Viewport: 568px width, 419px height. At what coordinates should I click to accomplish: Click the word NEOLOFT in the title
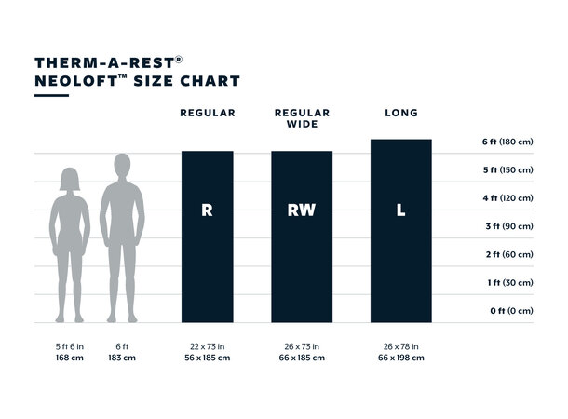click(71, 81)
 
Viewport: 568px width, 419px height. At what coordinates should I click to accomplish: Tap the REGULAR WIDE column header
click(302, 118)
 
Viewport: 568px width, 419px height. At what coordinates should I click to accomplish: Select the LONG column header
click(400, 113)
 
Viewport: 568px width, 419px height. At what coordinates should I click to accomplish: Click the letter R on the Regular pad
click(207, 210)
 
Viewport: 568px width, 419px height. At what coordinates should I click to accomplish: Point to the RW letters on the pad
click(302, 210)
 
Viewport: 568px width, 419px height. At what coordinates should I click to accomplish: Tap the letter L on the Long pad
click(400, 210)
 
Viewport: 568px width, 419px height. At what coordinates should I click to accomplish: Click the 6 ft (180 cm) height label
click(507, 142)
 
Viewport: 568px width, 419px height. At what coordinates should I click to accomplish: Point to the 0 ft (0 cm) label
click(511, 310)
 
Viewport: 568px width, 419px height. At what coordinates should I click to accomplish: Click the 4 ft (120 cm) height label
click(507, 198)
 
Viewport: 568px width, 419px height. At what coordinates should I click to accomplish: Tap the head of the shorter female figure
click(70, 178)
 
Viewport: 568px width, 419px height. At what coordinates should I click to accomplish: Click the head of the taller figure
click(122, 166)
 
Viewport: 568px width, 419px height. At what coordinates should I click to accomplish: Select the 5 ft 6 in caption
click(70, 345)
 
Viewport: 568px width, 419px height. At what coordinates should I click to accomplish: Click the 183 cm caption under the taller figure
click(122, 357)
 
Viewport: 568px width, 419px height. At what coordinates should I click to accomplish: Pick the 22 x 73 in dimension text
click(207, 345)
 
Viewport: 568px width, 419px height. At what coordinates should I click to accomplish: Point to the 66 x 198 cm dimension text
click(400, 357)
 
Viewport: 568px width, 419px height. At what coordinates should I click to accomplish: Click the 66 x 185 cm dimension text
click(302, 357)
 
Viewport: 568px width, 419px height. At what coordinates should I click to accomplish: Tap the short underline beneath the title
click(51, 95)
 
